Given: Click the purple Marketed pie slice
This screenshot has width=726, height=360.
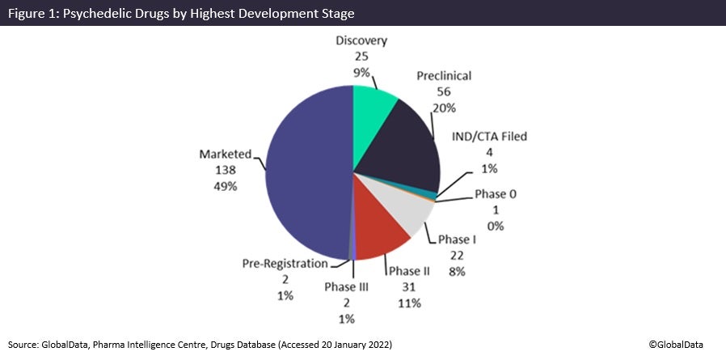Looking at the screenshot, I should tap(307, 174).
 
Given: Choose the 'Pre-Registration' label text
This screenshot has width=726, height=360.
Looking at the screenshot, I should tap(285, 264).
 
